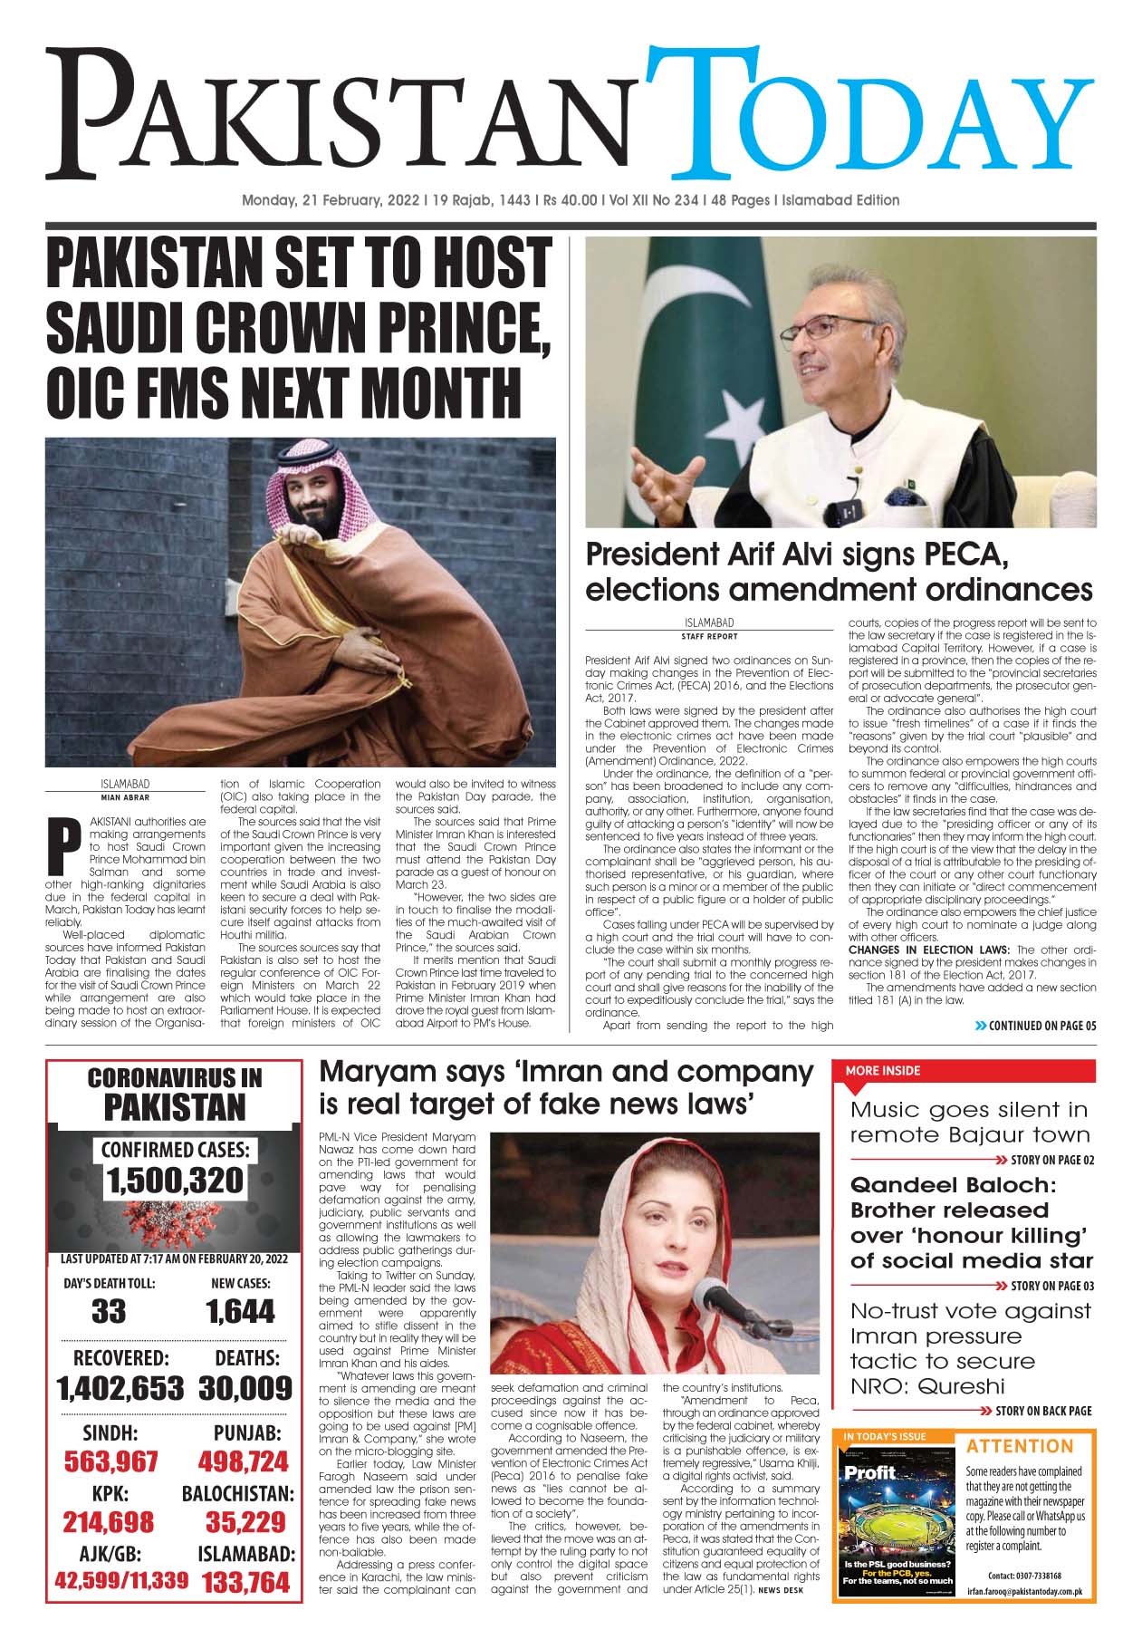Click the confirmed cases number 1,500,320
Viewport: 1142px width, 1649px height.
tap(174, 1181)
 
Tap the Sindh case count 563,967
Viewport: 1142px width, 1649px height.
tap(110, 1461)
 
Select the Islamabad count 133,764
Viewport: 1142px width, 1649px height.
tap(246, 1582)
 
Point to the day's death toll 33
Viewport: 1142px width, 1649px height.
tap(109, 1312)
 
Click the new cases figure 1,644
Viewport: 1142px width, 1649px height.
tap(240, 1312)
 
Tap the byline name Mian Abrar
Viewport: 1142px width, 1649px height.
tap(125, 798)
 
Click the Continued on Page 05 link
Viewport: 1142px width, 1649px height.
tap(1035, 1026)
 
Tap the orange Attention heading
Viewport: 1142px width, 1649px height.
tap(1019, 1446)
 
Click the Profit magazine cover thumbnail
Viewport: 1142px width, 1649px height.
tap(897, 1519)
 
